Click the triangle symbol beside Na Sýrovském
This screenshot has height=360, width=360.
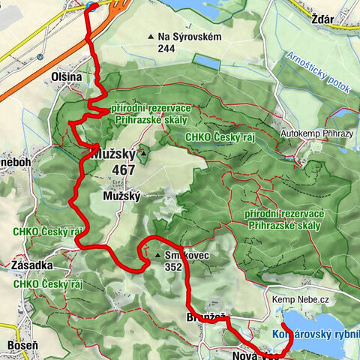[x=150, y=35]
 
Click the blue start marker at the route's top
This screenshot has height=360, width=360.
[x=91, y=6]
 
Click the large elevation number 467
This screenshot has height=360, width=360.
[x=121, y=169]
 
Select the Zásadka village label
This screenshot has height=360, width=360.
[x=31, y=265]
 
